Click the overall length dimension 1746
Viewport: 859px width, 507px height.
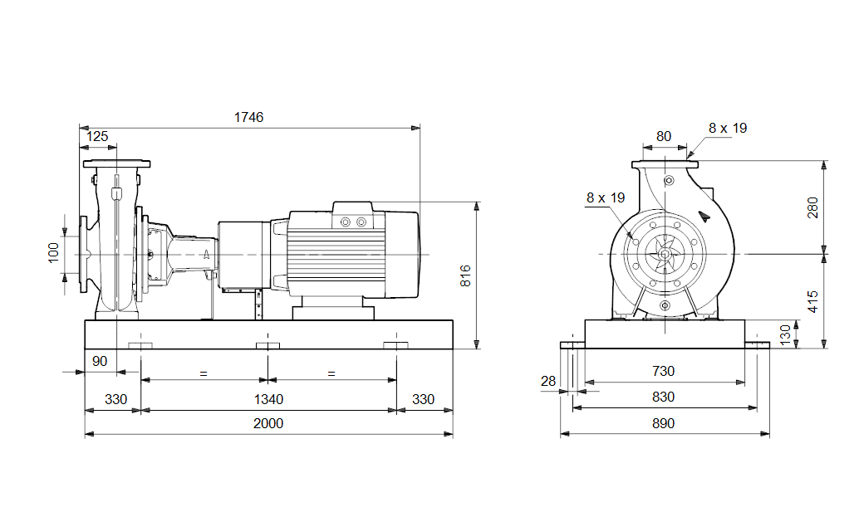point(248,117)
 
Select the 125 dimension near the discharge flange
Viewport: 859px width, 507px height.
point(97,136)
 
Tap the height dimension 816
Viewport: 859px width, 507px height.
point(465,275)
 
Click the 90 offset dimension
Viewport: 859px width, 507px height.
point(100,361)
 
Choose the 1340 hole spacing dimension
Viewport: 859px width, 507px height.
point(268,399)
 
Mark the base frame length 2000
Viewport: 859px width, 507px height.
point(268,423)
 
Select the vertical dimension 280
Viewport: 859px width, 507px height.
point(812,207)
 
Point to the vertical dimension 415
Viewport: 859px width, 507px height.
point(812,300)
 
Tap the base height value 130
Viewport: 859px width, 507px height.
point(785,334)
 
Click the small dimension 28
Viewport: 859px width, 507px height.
point(548,381)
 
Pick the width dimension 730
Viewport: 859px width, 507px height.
point(663,371)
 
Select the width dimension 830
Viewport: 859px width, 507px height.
point(663,397)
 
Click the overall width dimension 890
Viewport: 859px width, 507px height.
point(663,423)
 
